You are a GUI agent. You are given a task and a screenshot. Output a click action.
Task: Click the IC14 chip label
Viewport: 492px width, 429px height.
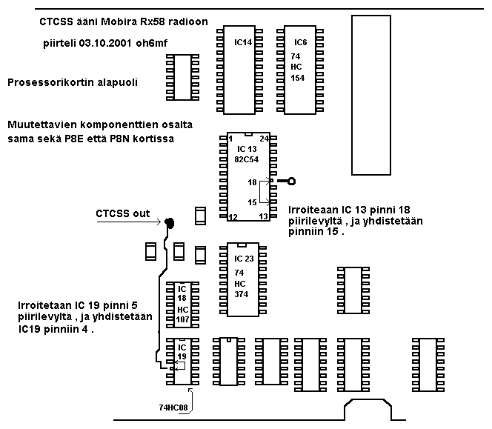[242, 43]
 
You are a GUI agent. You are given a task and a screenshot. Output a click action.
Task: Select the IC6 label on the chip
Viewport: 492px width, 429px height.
[300, 43]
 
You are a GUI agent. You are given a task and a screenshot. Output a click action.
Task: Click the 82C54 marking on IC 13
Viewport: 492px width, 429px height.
[247, 159]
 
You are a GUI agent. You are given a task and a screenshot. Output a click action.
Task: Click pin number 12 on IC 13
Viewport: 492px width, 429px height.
[232, 217]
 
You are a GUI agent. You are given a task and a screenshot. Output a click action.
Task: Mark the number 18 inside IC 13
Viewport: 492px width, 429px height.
[252, 181]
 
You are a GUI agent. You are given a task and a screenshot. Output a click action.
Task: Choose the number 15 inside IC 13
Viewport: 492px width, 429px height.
[252, 202]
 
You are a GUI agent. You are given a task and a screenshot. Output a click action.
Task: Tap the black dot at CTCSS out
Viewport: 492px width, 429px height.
[170, 222]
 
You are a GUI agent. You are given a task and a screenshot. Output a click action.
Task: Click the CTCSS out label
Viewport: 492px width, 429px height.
[122, 214]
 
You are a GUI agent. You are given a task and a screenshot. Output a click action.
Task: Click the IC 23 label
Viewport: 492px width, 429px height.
[243, 259]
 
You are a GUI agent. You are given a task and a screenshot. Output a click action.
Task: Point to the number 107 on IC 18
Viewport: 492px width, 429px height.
[182, 319]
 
